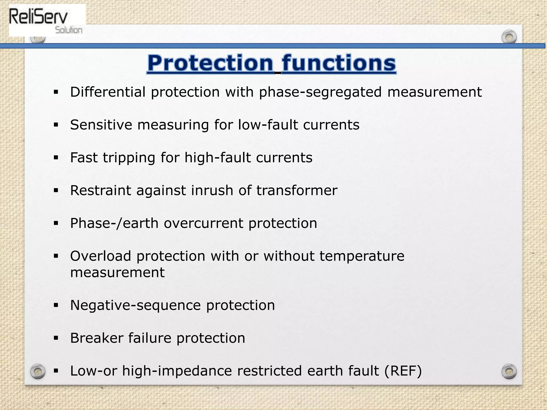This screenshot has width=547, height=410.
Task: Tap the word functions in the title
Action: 339,63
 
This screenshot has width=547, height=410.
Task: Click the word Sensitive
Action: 101,125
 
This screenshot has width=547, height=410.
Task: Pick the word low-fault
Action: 268,125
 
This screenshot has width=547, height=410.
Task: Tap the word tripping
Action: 129,158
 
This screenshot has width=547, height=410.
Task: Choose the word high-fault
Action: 217,158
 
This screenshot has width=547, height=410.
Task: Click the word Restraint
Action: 101,191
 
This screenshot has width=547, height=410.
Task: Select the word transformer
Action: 297,191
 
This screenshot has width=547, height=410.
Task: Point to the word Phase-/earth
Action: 114,223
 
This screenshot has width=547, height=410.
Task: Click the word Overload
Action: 101,256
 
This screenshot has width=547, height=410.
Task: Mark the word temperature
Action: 362,257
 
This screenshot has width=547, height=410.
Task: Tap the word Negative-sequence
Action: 135,305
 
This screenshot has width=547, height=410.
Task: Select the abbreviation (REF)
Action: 403,371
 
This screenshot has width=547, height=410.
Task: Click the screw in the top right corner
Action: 509,37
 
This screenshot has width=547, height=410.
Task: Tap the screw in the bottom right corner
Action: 509,372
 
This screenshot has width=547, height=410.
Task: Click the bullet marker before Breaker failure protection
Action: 56,338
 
